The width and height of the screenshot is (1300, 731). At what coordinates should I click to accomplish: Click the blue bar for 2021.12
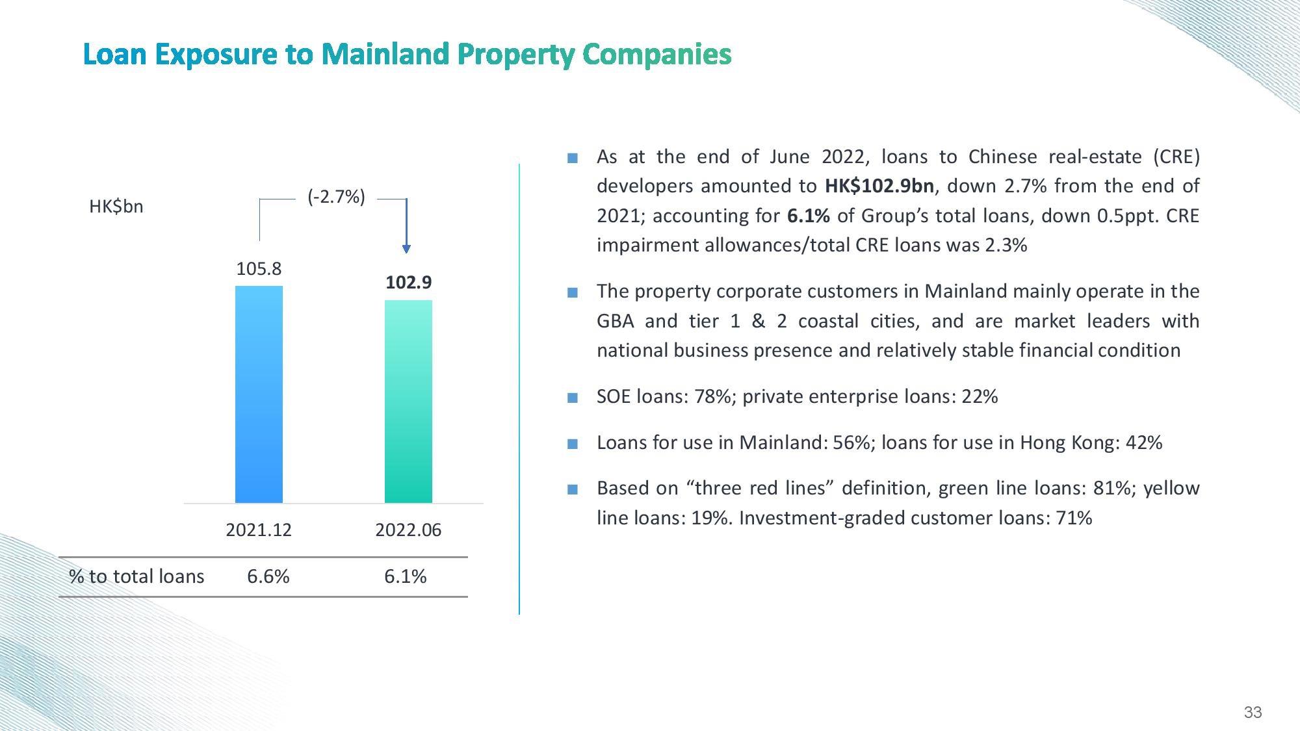coord(259,394)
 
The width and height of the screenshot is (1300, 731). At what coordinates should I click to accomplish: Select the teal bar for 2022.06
coord(408,402)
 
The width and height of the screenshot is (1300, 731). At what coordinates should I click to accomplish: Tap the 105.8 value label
coord(259,268)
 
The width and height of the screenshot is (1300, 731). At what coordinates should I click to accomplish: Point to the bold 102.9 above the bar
coord(408,283)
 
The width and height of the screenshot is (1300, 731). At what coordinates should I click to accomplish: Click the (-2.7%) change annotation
coord(336,197)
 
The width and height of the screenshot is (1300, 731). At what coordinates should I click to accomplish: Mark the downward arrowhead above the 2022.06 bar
coord(406,248)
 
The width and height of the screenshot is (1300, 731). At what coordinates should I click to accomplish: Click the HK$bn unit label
coord(116,207)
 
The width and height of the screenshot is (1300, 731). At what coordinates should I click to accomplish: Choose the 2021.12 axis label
coord(259,530)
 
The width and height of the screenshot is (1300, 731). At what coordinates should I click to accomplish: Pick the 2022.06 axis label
coord(408,530)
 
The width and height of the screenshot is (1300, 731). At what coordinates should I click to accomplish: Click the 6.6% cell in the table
coord(268,576)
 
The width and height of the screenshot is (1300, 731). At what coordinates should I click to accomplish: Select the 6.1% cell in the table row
coord(405,576)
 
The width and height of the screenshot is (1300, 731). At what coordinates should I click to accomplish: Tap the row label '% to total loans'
coord(136,576)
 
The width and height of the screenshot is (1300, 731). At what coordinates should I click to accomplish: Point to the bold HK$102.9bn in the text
coord(879,186)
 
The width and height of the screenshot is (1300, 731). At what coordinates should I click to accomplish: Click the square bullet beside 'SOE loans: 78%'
coord(573,398)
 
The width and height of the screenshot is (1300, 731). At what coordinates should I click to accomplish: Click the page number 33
coord(1253,712)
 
